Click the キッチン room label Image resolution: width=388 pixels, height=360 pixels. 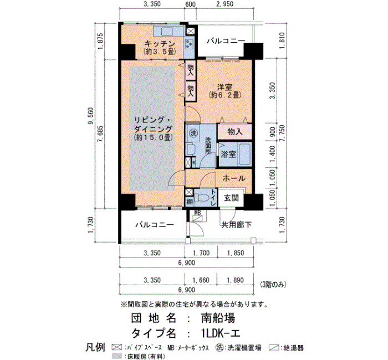[x=160, y=44]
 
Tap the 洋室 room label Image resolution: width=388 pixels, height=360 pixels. [x=224, y=88]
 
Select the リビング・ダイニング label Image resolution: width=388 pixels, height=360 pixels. [x=152, y=125]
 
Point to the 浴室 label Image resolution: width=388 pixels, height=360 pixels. [x=228, y=155]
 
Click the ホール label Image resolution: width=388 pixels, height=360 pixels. [x=234, y=178]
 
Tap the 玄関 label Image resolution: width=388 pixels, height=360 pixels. [x=231, y=198]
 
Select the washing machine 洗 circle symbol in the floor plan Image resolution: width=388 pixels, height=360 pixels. [x=193, y=133]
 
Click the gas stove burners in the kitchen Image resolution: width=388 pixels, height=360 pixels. [x=190, y=44]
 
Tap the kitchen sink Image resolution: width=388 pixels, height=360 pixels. [x=167, y=32]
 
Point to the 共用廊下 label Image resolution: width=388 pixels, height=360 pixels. [x=236, y=225]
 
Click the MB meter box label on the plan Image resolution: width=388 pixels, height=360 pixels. [x=197, y=213]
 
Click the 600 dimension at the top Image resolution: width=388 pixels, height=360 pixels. [x=190, y=4]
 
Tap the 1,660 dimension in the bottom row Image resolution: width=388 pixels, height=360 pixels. [x=201, y=280]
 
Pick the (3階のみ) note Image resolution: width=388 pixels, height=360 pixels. [x=273, y=285]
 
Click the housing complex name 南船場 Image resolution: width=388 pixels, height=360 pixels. [x=218, y=318]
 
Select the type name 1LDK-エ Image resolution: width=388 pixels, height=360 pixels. [x=221, y=333]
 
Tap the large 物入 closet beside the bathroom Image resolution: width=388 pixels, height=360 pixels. [x=234, y=132]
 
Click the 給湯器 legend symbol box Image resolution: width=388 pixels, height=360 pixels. [x=274, y=348]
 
